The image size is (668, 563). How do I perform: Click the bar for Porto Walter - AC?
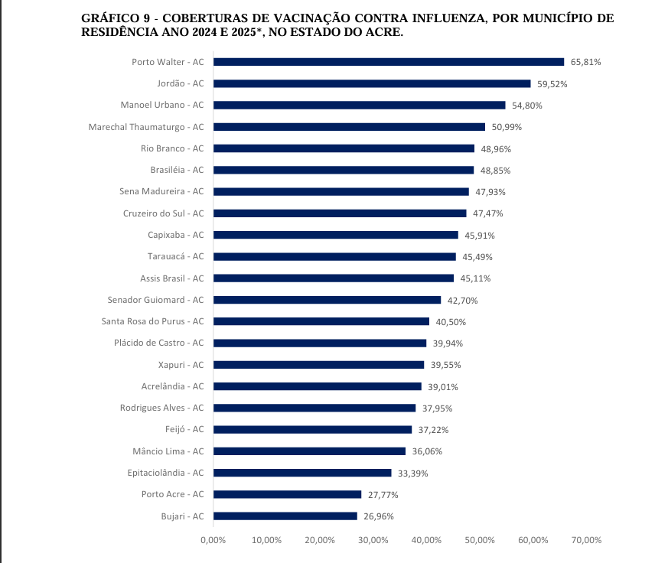[388, 62]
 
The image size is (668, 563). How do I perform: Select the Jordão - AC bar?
[371, 83]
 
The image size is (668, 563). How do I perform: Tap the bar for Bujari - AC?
[285, 516]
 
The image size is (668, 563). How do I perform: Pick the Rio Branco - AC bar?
[344, 148]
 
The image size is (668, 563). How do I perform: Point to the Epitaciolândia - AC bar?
[301, 473]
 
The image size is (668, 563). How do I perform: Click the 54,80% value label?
[527, 106]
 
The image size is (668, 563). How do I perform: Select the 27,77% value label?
[383, 495]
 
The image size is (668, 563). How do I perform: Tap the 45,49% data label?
[477, 256]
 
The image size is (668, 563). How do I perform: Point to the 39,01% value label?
[443, 387]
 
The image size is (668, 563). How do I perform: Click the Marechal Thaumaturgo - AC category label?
[146, 126]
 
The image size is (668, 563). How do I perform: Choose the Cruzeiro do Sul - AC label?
[164, 213]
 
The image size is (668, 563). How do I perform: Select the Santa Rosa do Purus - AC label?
[153, 321]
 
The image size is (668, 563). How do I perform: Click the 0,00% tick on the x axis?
[213, 540]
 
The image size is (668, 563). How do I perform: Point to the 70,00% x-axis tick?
[586, 540]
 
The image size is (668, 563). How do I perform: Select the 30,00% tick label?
[373, 540]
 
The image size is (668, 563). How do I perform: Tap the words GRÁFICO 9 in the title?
[114, 18]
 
